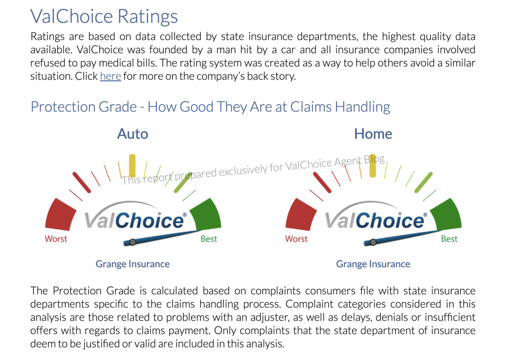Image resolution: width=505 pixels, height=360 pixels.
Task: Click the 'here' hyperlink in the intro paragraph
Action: [110, 76]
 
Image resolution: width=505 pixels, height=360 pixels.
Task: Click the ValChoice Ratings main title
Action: [104, 16]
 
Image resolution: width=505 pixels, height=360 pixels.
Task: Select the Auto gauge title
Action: [132, 134]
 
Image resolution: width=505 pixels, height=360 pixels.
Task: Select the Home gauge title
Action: [373, 134]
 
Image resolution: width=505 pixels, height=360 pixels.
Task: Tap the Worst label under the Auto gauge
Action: [56, 239]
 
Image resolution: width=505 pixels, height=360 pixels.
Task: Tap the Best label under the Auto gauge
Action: [209, 239]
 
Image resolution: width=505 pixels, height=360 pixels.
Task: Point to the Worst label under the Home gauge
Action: [296, 239]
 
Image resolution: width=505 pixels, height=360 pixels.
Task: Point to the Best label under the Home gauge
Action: [449, 239]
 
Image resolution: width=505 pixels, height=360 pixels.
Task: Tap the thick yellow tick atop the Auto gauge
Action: [132, 166]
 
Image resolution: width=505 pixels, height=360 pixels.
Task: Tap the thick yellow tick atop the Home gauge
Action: [373, 166]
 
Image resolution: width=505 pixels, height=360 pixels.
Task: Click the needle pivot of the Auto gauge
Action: [132, 242]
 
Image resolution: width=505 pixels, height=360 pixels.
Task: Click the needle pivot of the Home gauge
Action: [373, 242]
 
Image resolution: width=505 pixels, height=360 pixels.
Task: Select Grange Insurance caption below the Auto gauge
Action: [132, 264]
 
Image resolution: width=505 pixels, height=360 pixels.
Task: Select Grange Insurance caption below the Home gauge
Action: [373, 264]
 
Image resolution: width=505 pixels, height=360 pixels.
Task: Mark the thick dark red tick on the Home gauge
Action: [322, 182]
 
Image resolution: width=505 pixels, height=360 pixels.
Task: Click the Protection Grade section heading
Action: [210, 107]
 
